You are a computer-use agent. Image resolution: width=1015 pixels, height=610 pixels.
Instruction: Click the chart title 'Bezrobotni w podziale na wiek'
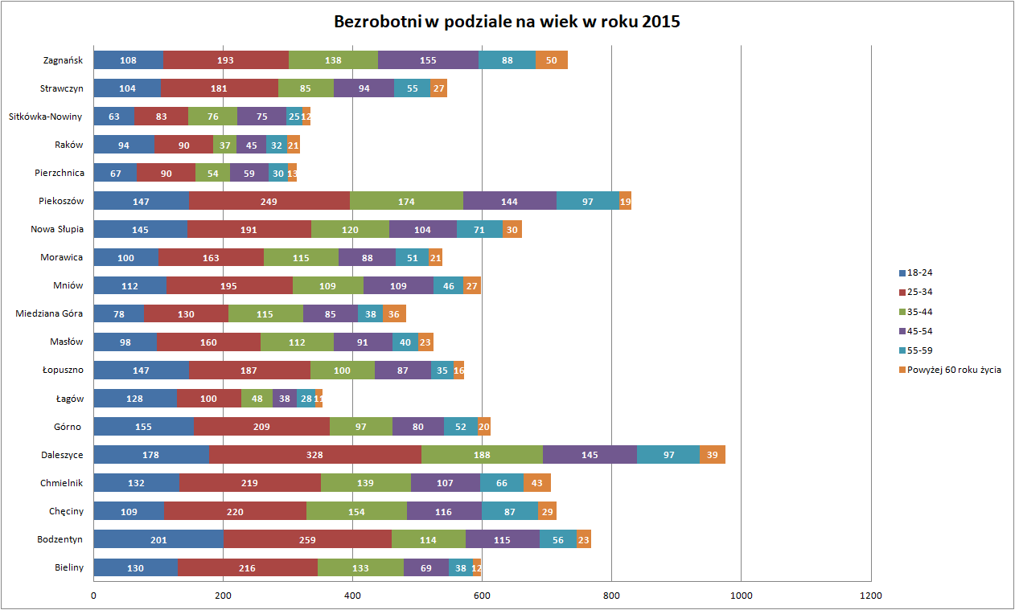click(507, 22)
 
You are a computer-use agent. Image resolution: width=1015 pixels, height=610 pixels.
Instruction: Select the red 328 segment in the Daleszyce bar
click(314, 455)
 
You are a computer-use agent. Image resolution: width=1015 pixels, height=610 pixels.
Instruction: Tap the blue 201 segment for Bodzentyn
click(158, 539)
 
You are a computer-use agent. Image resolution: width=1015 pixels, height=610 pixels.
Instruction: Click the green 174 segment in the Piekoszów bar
click(406, 201)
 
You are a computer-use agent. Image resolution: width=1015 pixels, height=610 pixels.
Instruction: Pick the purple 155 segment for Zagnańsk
click(428, 60)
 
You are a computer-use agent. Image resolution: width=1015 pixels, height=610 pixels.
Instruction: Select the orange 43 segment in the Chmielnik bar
click(537, 483)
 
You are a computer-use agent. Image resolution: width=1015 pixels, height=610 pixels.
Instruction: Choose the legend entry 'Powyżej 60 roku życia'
click(954, 370)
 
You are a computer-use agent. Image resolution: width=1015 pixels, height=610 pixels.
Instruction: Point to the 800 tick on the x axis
click(611, 596)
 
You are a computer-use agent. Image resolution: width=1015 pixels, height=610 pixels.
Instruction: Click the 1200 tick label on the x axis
click(870, 596)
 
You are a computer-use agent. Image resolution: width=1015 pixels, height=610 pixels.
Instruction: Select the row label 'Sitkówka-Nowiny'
click(46, 117)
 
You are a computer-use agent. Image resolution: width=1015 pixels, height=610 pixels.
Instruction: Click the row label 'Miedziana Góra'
click(50, 313)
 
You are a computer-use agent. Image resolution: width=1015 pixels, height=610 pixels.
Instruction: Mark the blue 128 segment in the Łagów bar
click(135, 399)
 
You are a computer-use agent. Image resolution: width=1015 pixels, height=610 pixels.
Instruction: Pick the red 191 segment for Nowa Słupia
click(249, 230)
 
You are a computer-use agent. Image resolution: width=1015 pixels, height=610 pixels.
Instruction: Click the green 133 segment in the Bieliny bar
click(360, 567)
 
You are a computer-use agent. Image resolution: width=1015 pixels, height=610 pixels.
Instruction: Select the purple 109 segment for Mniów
click(398, 286)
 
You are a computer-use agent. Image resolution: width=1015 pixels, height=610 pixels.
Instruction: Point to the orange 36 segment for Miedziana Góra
click(394, 314)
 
